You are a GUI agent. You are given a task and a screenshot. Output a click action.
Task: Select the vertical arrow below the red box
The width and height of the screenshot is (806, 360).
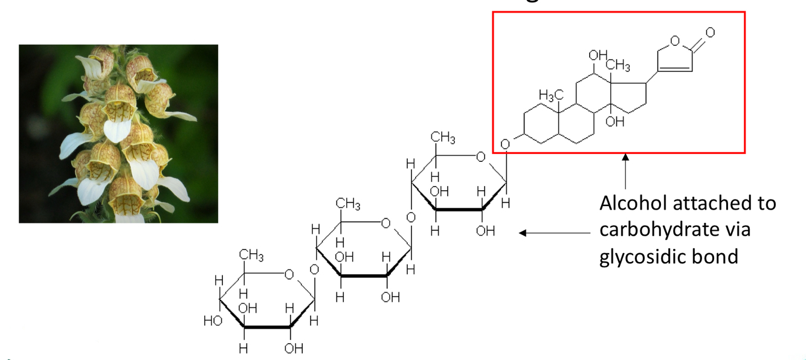click(625, 172)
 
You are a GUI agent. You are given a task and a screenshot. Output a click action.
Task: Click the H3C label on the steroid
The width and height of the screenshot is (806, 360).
click(551, 95)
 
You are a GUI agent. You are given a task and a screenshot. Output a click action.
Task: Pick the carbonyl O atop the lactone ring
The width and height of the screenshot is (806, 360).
click(711, 31)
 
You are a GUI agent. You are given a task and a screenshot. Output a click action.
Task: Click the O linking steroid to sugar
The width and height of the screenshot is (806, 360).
click(506, 144)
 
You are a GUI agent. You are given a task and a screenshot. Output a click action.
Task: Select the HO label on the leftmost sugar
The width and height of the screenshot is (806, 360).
click(213, 321)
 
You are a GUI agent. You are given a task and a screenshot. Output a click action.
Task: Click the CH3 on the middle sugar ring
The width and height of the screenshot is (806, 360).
click(348, 205)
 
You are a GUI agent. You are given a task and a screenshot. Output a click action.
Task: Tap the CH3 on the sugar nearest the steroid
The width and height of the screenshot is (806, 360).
click(443, 138)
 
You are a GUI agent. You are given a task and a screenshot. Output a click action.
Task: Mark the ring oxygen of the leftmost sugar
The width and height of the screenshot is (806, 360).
click(289, 275)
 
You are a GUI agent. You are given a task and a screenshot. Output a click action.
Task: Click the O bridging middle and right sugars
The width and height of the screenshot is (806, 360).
click(410, 217)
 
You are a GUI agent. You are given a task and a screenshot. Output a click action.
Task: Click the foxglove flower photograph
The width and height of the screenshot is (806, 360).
click(118, 133)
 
